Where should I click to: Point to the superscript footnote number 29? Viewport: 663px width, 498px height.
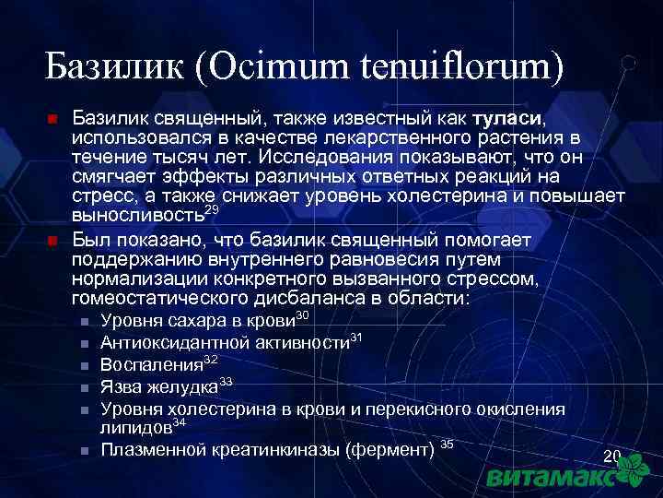pos(211,211)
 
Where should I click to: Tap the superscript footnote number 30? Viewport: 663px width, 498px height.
pos(301,316)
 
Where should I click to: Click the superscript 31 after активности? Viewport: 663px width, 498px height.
pos(357,338)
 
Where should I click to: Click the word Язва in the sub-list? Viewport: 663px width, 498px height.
pos(121,385)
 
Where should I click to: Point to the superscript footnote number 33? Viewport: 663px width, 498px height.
pos(226,381)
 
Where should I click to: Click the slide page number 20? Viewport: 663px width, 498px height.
pos(611,457)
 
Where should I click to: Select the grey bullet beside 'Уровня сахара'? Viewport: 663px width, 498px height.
pos(83,322)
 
